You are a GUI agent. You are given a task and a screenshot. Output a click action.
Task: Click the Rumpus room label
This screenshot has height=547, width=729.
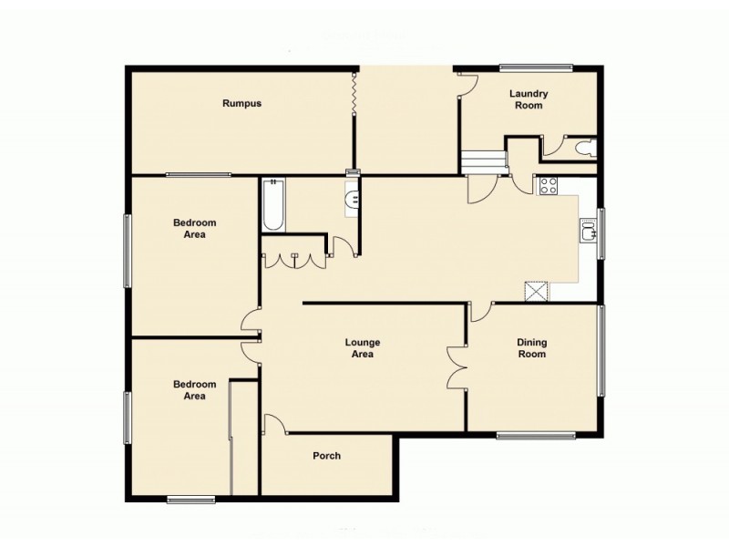[241, 104]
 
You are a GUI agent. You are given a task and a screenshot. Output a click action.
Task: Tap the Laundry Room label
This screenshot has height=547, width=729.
[527, 99]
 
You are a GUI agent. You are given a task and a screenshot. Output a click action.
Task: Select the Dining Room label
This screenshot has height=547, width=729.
[531, 348]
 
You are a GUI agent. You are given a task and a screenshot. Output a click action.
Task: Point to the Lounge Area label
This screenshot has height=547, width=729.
[362, 348]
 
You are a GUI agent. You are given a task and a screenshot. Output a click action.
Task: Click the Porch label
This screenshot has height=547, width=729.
[326, 456]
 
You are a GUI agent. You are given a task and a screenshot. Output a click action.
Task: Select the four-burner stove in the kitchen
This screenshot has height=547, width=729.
[549, 185]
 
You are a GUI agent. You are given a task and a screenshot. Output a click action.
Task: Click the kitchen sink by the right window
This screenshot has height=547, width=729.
[589, 232]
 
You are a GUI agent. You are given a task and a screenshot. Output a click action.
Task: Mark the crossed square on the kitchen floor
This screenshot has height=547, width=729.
[536, 291]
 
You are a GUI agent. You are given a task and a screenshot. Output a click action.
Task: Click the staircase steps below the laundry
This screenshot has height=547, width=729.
[482, 163]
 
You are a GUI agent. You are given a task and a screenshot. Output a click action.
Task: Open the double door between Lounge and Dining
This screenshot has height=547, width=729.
[456, 367]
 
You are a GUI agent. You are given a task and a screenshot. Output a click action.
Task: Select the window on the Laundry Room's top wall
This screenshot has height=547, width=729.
[536, 66]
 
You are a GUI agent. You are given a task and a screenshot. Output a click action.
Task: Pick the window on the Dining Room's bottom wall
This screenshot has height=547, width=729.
[536, 435]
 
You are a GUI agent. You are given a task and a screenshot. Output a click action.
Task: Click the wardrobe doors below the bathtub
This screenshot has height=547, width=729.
[294, 259]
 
